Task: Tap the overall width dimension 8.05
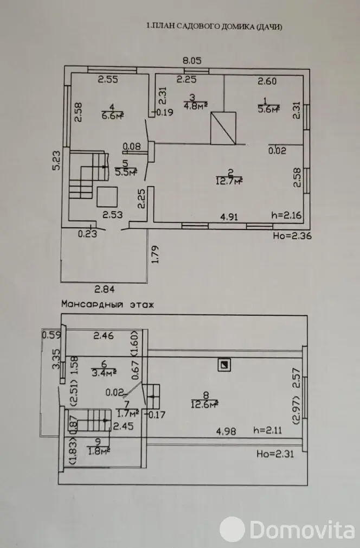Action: [192, 60]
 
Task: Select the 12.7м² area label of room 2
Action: [229, 181]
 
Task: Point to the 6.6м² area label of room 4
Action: [113, 116]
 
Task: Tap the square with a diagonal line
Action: [223, 128]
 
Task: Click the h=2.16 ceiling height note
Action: [286, 215]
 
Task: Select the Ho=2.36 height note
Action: [292, 236]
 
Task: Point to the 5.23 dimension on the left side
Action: [56, 160]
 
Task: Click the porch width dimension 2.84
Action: [105, 289]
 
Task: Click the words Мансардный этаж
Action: [107, 304]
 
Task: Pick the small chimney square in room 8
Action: [224, 365]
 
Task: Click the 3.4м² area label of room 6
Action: [104, 373]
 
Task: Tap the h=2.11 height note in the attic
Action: [267, 430]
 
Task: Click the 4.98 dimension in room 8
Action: [226, 431]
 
